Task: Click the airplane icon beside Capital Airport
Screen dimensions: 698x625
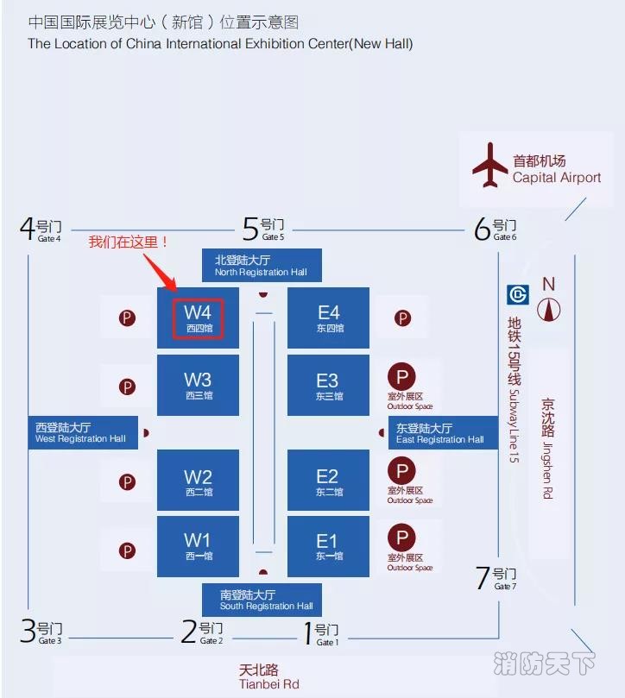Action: (x=490, y=166)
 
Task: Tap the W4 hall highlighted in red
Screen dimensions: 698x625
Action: (x=199, y=318)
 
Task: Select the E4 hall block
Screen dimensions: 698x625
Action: (x=328, y=318)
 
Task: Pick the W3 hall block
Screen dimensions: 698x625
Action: (x=198, y=385)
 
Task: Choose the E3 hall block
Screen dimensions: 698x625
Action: (x=328, y=385)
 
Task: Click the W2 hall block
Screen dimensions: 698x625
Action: (x=198, y=481)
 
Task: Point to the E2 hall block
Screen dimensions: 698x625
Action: (x=328, y=481)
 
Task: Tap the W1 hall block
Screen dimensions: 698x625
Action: (x=198, y=546)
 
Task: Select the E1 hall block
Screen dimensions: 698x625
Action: (x=328, y=546)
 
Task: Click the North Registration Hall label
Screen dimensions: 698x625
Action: (x=262, y=265)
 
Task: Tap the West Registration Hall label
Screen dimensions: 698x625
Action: (x=80, y=432)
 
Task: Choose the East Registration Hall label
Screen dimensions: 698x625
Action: (x=442, y=433)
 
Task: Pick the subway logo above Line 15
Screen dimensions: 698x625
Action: (x=517, y=294)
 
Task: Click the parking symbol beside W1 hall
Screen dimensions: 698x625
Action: (x=128, y=550)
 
